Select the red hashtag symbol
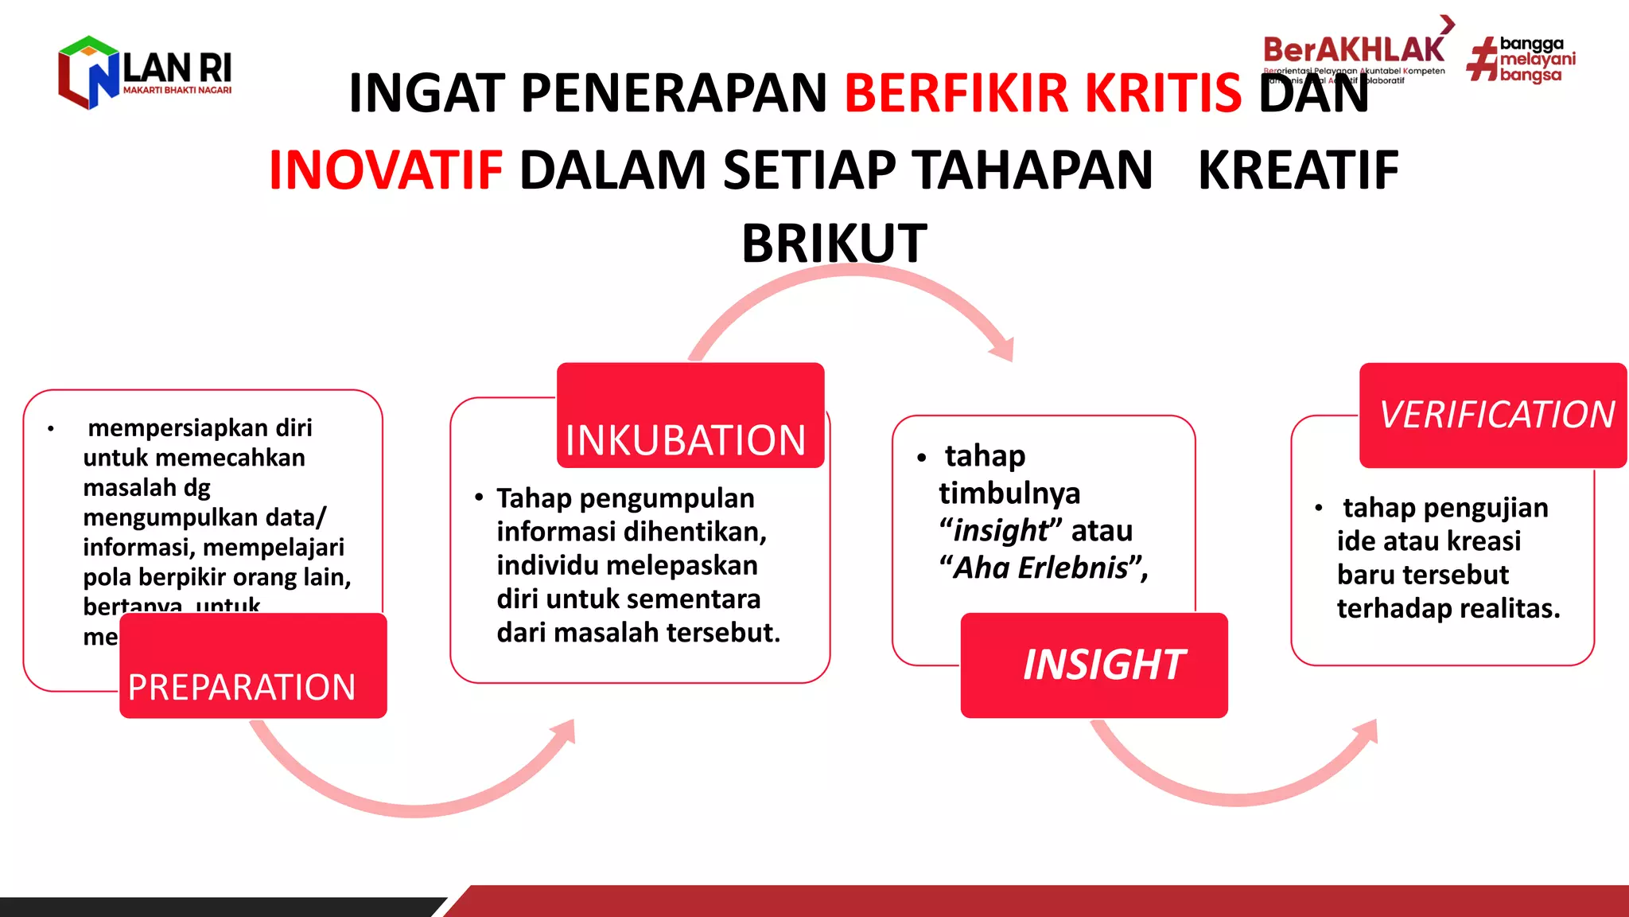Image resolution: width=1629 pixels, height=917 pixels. click(x=1482, y=60)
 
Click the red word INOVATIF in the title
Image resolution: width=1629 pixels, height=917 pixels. click(x=386, y=170)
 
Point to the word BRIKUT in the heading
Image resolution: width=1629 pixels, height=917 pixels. click(x=834, y=244)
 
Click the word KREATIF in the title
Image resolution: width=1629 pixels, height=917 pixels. click(x=1298, y=170)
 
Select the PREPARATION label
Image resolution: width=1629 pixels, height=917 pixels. click(x=242, y=687)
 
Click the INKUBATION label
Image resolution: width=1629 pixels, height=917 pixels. click(x=686, y=440)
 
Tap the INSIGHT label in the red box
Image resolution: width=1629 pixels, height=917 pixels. click(x=1103, y=665)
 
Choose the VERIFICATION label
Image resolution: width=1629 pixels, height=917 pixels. click(x=1496, y=415)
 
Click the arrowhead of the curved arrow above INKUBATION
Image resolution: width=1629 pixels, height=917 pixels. click(x=1004, y=349)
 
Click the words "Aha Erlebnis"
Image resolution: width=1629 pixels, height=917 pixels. click(x=1041, y=568)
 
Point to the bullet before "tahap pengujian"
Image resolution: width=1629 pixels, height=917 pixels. click(x=1319, y=508)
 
